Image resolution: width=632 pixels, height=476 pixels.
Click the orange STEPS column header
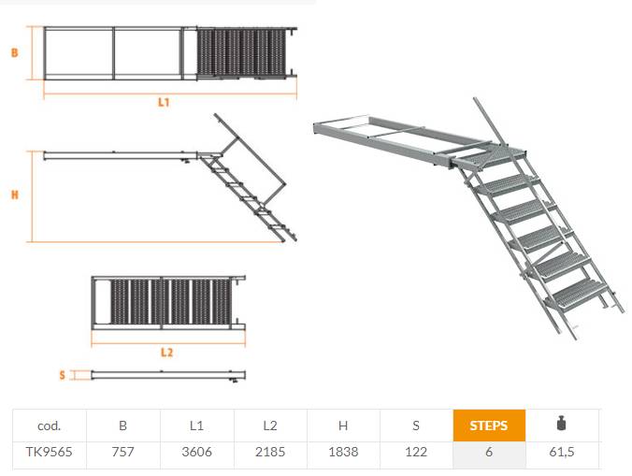489,426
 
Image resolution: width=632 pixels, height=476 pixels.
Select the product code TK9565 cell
50,452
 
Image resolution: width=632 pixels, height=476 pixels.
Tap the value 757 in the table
122,452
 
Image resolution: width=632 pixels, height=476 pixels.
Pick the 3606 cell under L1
196,452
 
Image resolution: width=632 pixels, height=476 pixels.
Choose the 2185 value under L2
270,452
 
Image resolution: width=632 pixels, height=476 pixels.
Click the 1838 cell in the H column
343,452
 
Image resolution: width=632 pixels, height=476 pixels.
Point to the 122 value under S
416,452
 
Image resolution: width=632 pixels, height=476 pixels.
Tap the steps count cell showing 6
489,452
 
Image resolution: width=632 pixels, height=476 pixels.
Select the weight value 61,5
562,452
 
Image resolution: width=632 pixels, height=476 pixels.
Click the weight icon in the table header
562,424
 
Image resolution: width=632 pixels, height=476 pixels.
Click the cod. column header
50,426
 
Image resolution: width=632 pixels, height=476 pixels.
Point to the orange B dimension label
15,52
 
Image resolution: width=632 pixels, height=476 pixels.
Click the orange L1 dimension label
164,102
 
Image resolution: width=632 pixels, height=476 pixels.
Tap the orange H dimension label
15,195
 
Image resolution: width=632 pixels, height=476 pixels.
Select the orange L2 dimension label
166,353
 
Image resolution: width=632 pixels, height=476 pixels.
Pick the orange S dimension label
62,375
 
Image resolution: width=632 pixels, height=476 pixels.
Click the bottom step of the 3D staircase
577,297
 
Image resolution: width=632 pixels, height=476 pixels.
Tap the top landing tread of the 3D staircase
490,157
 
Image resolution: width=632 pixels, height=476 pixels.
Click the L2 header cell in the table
270,426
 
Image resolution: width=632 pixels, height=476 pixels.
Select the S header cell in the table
416,426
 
